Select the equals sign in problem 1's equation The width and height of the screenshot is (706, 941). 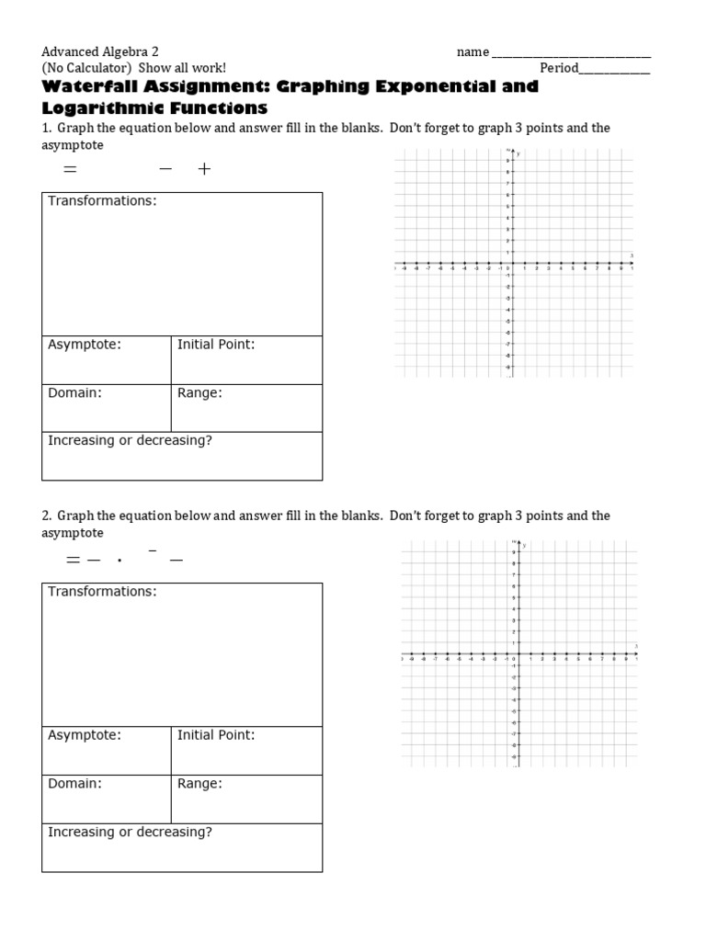[x=68, y=170]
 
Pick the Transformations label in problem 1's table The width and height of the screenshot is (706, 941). [x=102, y=201]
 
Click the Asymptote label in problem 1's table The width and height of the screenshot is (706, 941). [x=85, y=345]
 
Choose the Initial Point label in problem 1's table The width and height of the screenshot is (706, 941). [x=216, y=345]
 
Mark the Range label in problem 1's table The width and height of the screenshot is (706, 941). [x=199, y=393]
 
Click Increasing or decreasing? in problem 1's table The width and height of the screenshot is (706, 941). [x=130, y=441]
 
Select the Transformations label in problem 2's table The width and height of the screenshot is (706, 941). [x=102, y=592]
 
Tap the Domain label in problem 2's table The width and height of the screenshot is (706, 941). [x=74, y=784]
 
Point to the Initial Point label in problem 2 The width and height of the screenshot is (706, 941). [x=216, y=735]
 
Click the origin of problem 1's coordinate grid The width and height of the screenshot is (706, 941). [x=513, y=264]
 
